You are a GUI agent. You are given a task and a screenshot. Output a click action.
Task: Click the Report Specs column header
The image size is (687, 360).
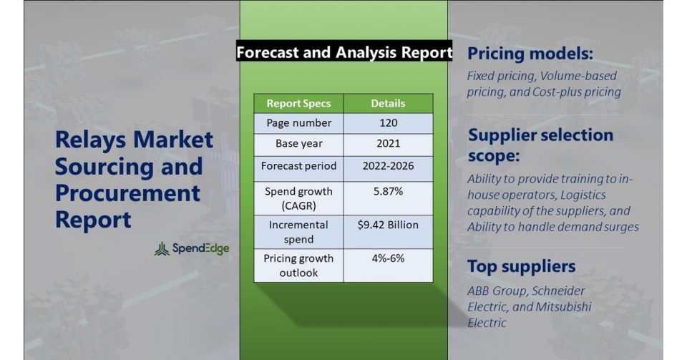click(x=299, y=103)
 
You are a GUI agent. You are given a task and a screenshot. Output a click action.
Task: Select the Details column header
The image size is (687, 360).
click(x=388, y=103)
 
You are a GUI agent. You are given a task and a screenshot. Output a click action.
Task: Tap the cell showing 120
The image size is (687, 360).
click(x=388, y=123)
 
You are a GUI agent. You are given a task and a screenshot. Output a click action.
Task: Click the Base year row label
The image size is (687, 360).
click(x=299, y=144)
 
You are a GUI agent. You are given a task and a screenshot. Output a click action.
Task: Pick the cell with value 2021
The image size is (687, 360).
click(x=388, y=144)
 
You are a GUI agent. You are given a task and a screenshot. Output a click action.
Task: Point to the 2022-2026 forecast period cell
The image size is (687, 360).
click(x=388, y=166)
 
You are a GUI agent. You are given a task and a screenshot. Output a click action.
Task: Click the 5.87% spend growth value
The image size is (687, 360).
click(x=388, y=191)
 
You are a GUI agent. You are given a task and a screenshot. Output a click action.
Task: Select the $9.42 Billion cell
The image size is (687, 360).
click(x=388, y=225)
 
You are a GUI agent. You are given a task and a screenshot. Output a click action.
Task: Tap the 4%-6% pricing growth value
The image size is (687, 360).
click(x=388, y=258)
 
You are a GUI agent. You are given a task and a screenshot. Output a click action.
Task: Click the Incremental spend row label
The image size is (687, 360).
click(x=299, y=232)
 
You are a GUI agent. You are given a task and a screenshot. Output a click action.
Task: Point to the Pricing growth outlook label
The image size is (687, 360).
click(x=299, y=266)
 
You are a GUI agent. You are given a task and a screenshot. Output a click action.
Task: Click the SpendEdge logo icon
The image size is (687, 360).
click(x=162, y=249)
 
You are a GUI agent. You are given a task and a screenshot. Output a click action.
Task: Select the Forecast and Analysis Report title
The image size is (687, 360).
click(x=344, y=52)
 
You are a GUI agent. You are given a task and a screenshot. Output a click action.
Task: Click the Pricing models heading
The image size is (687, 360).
click(x=530, y=54)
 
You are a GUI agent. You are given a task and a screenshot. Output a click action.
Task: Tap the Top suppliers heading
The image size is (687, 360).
click(x=522, y=266)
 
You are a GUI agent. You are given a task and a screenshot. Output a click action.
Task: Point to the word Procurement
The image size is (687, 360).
click(x=127, y=193)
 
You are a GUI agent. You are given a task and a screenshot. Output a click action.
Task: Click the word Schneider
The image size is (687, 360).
click(x=559, y=291)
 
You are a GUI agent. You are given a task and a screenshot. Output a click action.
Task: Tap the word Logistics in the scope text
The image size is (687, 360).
click(x=583, y=195)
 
